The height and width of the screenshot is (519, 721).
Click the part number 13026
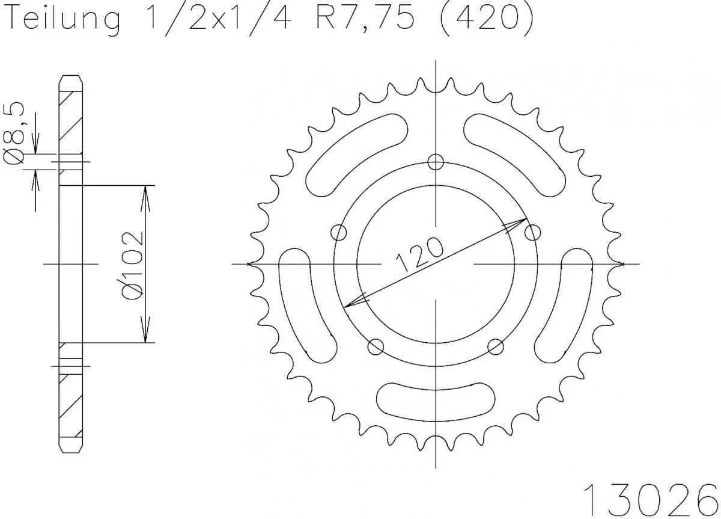pyautogui.click(x=651, y=497)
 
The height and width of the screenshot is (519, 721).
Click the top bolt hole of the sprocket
pyautogui.click(x=435, y=161)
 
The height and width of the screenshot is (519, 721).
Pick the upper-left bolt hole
pyautogui.click(x=339, y=232)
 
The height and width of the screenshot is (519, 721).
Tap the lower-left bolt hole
pyautogui.click(x=376, y=346)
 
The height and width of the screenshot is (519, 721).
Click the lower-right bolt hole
pyautogui.click(x=495, y=346)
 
